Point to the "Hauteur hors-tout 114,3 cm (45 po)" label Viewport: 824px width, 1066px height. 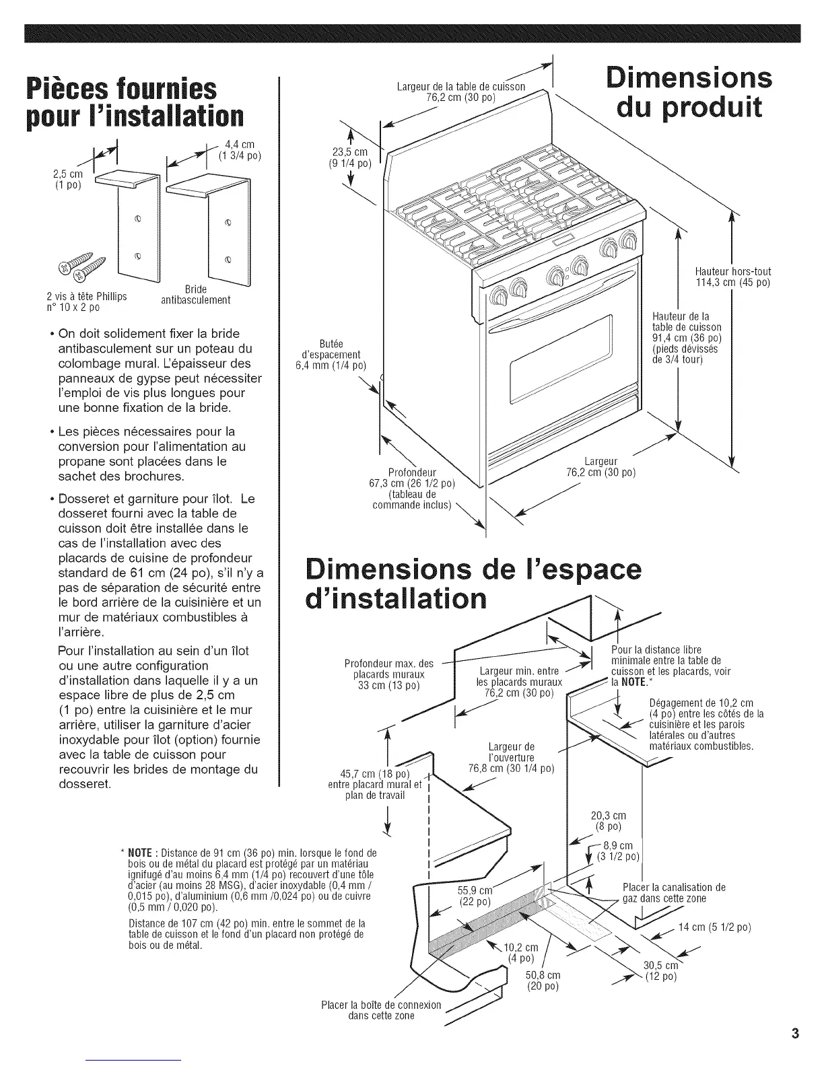tap(732, 277)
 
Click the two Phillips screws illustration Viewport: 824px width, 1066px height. tap(87, 266)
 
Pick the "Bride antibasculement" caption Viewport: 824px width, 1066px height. tap(196, 295)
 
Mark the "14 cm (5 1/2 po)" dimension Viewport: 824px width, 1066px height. tap(714, 927)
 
